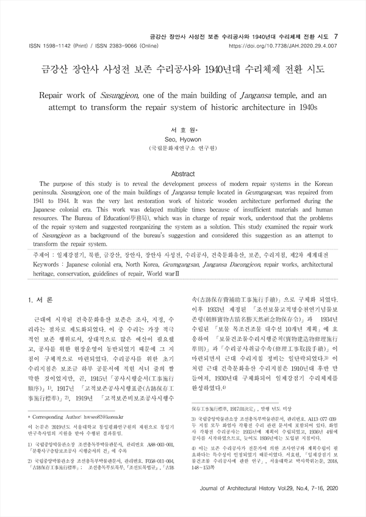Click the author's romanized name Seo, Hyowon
tap(182, 139)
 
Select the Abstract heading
tap(183, 173)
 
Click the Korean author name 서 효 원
tap(182, 130)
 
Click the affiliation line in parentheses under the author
tap(182, 149)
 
